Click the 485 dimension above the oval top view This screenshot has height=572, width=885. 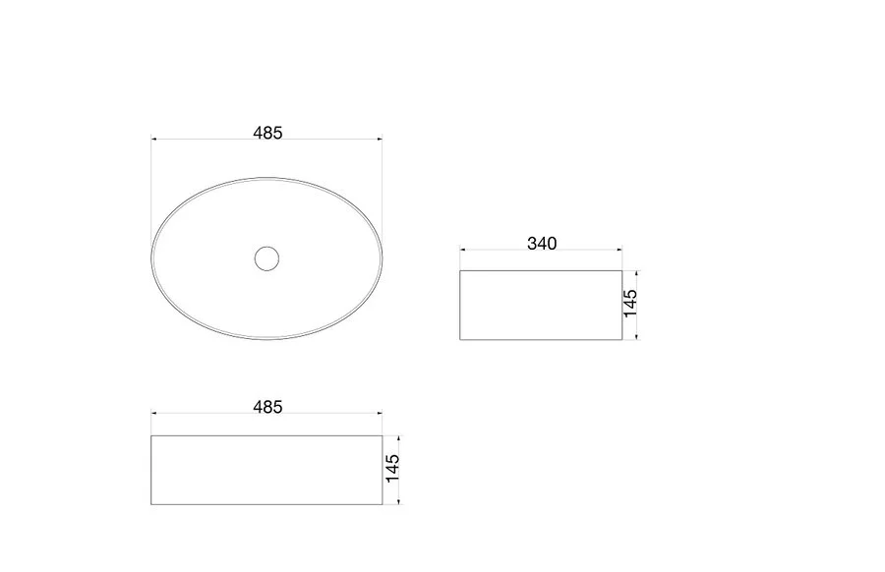(267, 133)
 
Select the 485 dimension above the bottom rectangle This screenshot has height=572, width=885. (267, 407)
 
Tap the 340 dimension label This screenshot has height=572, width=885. (542, 243)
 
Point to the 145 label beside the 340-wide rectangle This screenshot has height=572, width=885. (630, 304)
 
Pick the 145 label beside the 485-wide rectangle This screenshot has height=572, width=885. (392, 468)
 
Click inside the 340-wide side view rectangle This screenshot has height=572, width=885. (541, 306)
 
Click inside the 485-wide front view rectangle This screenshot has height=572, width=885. (266, 470)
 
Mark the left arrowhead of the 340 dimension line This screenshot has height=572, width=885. (463, 249)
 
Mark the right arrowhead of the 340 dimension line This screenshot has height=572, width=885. (619, 249)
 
